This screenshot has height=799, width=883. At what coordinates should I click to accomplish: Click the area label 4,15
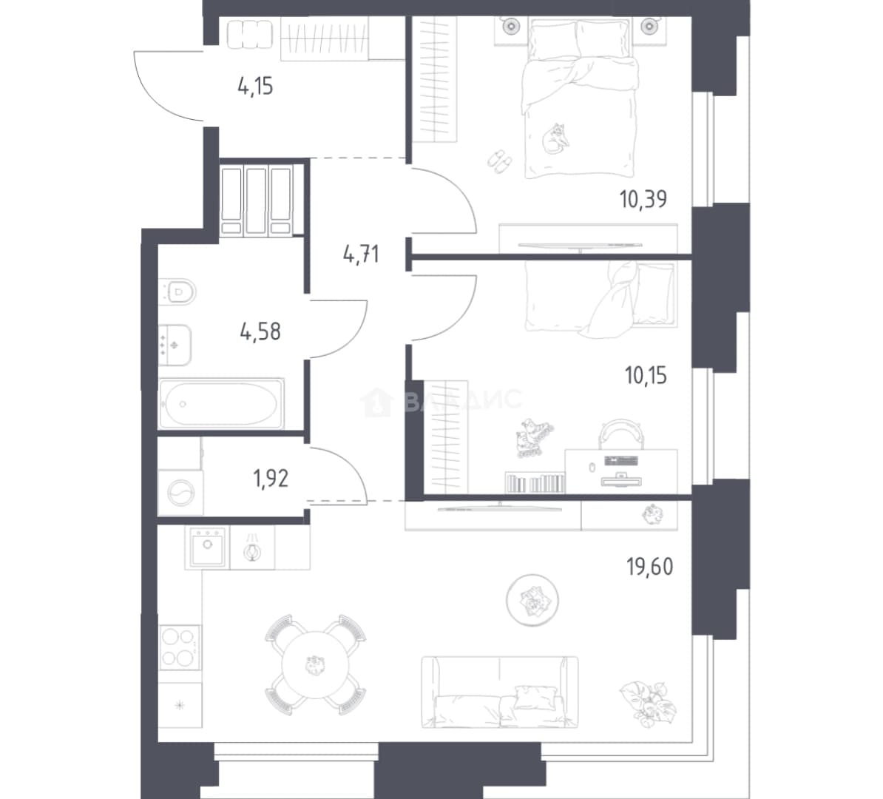tap(255, 87)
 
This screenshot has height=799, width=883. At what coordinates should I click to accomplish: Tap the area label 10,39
tap(643, 199)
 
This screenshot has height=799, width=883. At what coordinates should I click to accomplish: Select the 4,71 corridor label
tap(361, 254)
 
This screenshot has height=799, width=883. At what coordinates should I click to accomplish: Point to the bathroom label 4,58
tap(260, 331)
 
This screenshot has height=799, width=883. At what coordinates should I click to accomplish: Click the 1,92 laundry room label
tap(271, 479)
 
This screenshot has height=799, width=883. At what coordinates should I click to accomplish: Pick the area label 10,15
tap(646, 374)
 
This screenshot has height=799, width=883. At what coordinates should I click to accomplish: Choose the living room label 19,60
tap(650, 566)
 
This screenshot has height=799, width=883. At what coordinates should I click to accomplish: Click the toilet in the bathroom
tap(178, 291)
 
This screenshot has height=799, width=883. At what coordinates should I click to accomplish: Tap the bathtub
tap(220, 404)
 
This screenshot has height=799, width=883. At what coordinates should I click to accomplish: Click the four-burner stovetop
tap(180, 647)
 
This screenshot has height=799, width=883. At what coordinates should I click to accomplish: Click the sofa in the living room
tap(499, 692)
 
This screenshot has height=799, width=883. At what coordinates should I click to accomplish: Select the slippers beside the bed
tap(499, 161)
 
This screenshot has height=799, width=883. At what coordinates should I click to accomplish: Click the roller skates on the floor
tap(533, 436)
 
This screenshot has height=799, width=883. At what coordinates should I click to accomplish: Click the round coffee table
tap(532, 600)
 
